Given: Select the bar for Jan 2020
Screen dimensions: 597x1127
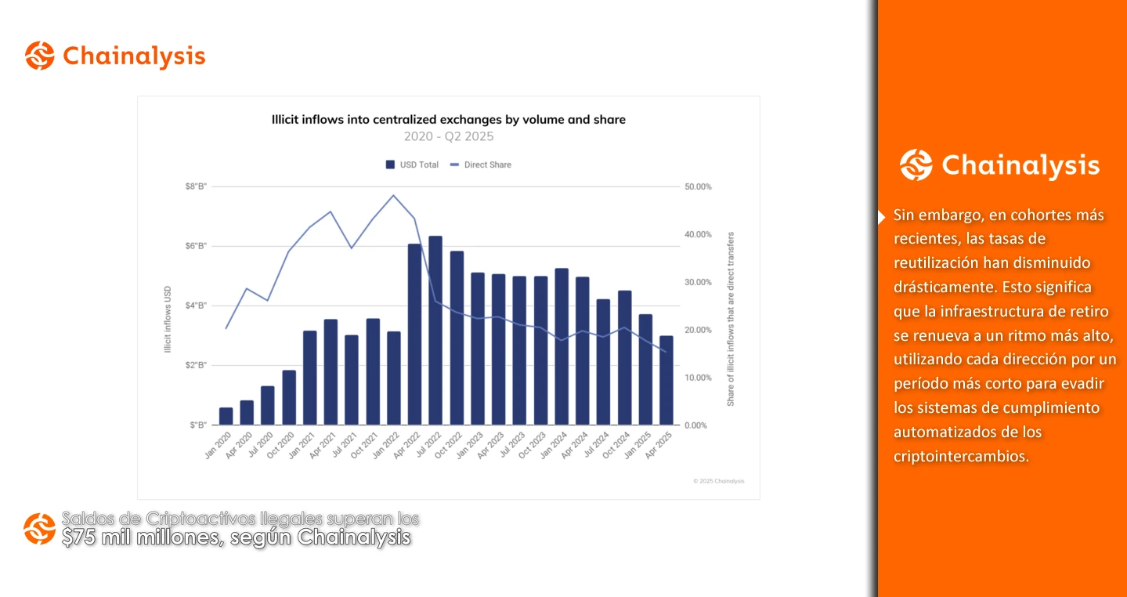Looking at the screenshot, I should click(226, 416).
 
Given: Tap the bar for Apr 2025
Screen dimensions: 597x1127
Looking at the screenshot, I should click(666, 380).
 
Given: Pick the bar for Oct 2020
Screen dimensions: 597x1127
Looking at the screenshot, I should click(289, 397).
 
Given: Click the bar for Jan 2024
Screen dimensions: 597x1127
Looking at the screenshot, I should click(562, 346).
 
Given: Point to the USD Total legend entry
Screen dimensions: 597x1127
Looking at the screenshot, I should click(412, 165).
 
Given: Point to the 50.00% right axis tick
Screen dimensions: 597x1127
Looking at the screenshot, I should click(698, 186).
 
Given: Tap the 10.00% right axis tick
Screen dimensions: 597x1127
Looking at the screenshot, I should click(698, 378).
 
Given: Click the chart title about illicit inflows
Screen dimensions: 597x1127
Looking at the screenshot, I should click(448, 120).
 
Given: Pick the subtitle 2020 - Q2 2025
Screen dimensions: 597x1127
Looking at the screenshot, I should click(448, 136).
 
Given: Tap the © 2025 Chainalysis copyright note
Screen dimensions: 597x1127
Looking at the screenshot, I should click(718, 480).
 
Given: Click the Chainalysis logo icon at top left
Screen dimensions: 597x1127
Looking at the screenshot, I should click(39, 56).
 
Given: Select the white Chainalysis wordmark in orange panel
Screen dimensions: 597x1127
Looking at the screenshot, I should click(1020, 165).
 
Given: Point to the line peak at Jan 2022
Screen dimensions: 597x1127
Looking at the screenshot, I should click(393, 195).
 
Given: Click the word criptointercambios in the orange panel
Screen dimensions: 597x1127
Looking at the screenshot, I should click(960, 457).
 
